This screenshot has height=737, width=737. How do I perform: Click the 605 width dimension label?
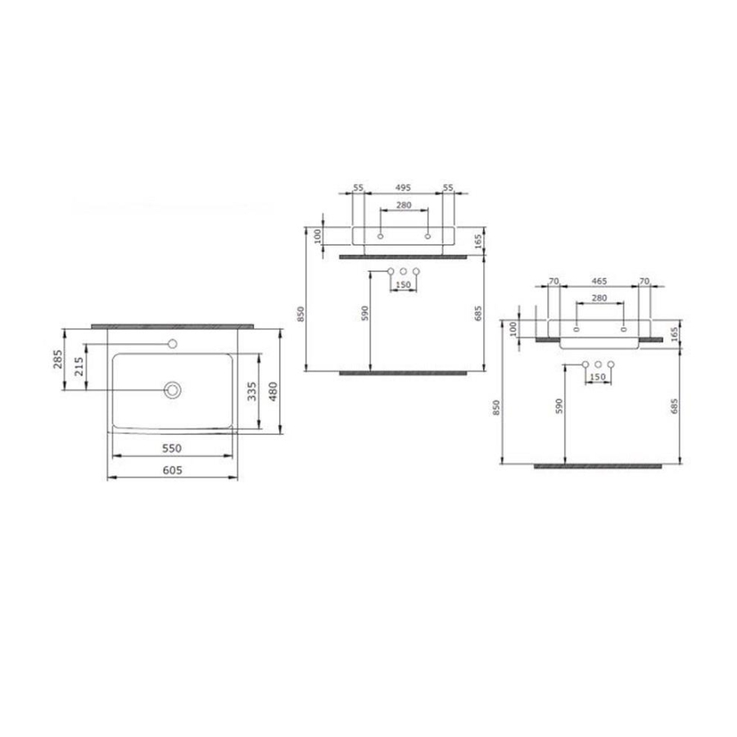click(173, 470)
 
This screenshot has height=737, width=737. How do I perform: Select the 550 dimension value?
click(172, 449)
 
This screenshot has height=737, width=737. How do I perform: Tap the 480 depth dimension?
click(273, 391)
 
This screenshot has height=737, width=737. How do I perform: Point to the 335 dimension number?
click(252, 391)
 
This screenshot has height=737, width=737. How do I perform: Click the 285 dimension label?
click(57, 359)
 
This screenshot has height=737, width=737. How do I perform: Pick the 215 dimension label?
click(79, 366)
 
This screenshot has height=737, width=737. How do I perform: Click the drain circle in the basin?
click(173, 390)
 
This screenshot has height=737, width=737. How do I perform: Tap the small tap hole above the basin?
click(173, 344)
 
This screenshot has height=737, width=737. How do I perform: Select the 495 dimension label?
click(403, 188)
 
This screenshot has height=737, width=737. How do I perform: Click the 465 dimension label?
click(599, 281)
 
